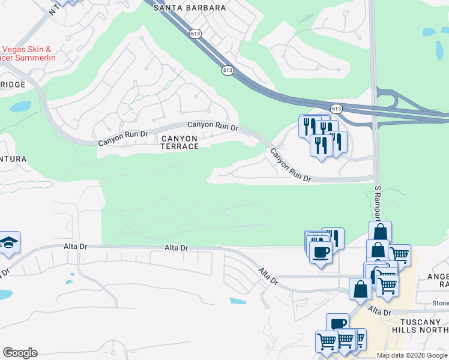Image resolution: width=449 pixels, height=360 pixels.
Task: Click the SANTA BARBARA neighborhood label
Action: [x=189, y=8]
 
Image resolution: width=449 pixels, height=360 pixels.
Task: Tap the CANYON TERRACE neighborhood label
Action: [x=179, y=142]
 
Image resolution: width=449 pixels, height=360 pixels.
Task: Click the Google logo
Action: [x=20, y=353]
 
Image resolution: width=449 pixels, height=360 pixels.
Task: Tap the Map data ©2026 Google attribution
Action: [x=412, y=355]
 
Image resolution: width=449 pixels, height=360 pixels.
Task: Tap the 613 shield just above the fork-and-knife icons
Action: [x=336, y=109]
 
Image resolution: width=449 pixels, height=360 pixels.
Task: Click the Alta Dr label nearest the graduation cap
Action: [x=76, y=247]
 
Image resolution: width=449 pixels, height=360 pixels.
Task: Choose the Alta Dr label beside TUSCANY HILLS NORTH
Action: [x=379, y=311]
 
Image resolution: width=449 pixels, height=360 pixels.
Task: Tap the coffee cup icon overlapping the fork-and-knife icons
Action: [x=320, y=252]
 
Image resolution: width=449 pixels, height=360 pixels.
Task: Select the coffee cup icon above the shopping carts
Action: [x=337, y=323]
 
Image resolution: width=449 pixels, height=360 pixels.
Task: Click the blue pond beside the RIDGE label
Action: [x=20, y=107]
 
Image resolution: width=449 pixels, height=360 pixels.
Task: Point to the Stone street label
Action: [x=440, y=304]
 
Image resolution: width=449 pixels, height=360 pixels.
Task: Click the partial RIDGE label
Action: [x=13, y=85]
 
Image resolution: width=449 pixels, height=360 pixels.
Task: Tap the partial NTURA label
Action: [x=13, y=158]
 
